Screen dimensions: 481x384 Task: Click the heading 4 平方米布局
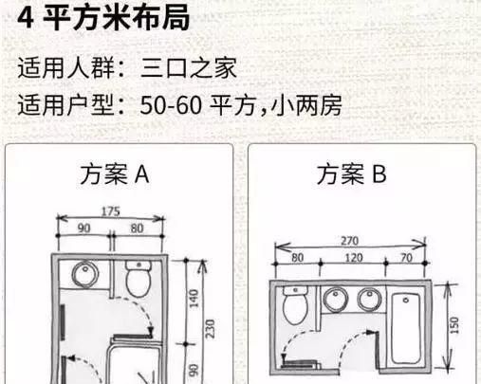(x=103, y=17)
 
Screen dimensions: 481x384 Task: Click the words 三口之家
(x=189, y=67)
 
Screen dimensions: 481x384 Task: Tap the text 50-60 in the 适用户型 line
(x=171, y=105)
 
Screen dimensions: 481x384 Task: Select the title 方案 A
(x=115, y=174)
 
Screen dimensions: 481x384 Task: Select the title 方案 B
(x=352, y=174)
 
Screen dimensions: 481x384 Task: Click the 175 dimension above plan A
(x=111, y=211)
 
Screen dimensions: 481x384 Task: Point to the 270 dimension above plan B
(x=350, y=241)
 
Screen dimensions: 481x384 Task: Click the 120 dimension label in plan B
(x=354, y=258)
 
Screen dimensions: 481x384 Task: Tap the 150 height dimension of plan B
(x=453, y=325)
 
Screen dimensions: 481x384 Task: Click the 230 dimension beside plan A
(x=210, y=329)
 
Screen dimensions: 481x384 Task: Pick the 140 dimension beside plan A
(x=194, y=299)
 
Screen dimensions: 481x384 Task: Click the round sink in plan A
(x=85, y=274)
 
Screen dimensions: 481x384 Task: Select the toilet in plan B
(x=295, y=305)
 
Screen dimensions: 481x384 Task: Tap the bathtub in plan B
(x=406, y=329)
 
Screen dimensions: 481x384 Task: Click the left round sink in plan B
(x=336, y=300)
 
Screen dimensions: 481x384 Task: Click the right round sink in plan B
(x=370, y=300)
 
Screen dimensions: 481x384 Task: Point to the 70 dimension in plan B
(x=406, y=258)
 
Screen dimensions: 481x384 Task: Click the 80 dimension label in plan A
(x=137, y=229)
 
